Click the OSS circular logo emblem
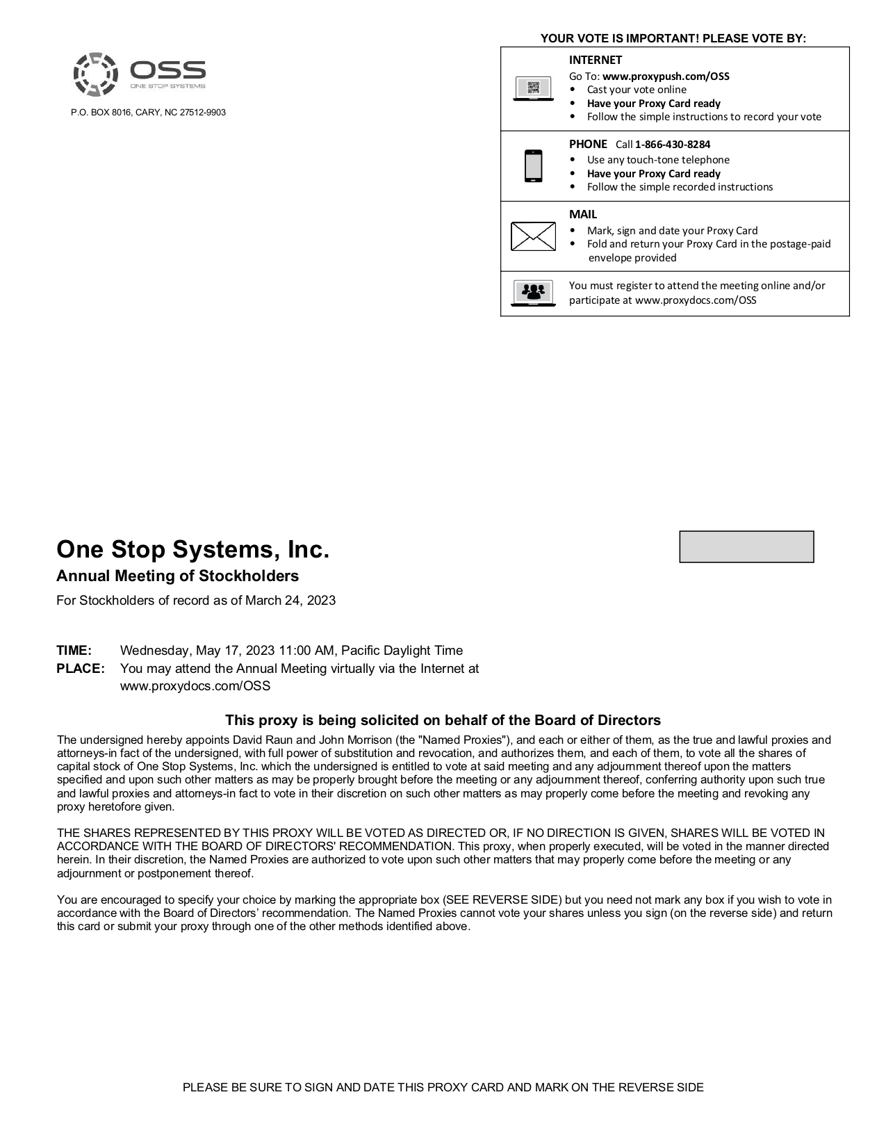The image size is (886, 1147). point(95,74)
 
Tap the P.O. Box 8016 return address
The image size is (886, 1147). point(148,113)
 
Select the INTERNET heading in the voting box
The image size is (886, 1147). point(595,60)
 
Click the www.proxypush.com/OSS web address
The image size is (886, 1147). point(666,76)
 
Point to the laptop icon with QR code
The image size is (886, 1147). point(533,89)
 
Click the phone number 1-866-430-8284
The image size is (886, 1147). point(672,145)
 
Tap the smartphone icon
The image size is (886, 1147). point(533,166)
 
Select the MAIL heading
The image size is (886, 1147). point(582,214)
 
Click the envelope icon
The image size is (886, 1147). point(533,236)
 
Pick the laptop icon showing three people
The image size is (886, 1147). point(533,293)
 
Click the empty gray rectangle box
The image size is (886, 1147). point(746,546)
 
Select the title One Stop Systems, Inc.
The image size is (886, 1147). point(192,549)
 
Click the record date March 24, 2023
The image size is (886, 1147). point(290,601)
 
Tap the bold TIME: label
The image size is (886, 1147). point(74,651)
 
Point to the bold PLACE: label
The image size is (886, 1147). point(81,669)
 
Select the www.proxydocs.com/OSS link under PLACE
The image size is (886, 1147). point(195,686)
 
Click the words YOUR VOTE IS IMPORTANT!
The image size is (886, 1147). point(620,39)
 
